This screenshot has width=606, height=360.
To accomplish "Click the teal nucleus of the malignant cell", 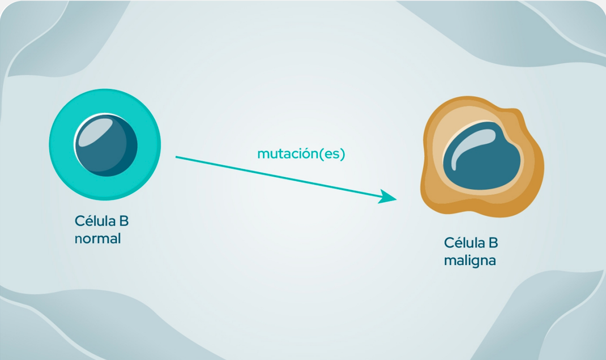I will [x=484, y=158].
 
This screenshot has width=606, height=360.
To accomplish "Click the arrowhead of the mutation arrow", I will [x=389, y=198].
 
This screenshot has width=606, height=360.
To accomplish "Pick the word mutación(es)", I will [x=301, y=154].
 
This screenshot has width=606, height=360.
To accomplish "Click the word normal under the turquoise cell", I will [x=97, y=239].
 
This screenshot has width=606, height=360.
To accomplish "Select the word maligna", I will [x=470, y=261].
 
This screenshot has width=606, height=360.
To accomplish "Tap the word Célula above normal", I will [x=95, y=221].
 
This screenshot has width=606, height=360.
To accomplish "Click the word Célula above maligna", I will [x=464, y=243].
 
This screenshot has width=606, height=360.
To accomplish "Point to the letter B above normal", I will [x=123, y=221].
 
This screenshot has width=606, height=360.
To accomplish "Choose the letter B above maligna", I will [x=493, y=243].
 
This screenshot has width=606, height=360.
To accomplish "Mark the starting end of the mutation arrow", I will [x=177, y=157].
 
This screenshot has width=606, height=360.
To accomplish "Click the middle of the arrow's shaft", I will [x=283, y=178].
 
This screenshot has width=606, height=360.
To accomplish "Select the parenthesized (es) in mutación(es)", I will [x=332, y=154].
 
